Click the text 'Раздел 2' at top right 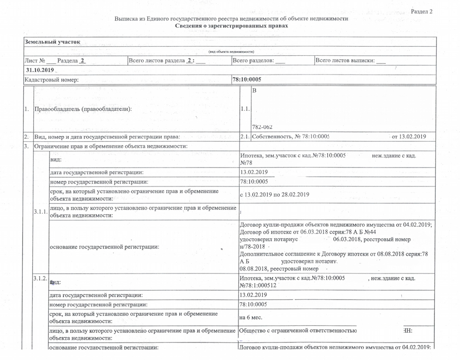(422, 11)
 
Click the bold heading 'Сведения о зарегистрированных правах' (231, 25)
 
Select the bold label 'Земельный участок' (52, 42)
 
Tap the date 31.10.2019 (40, 70)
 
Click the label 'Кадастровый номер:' (52, 80)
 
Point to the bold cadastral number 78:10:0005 (247, 80)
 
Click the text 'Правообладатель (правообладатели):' (82, 109)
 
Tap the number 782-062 (262, 127)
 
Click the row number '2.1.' (245, 136)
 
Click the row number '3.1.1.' (41, 212)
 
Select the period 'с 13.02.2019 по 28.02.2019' (274, 194)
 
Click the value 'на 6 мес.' (251, 317)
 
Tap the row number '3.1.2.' (40, 277)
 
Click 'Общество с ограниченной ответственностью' (298, 331)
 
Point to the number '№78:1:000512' (258, 286)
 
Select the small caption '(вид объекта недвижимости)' (231, 52)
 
